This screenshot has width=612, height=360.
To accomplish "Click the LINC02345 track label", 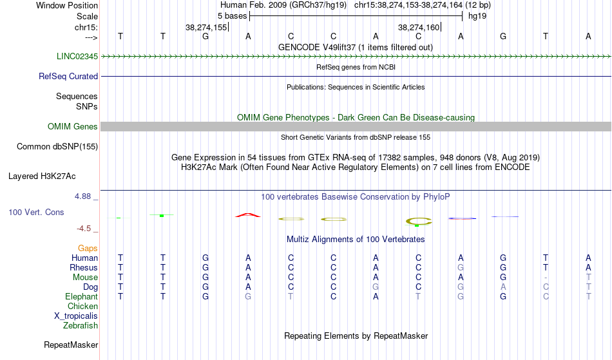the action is pyautogui.click(x=77, y=57).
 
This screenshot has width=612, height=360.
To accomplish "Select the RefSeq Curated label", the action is pyautogui.click(x=68, y=77).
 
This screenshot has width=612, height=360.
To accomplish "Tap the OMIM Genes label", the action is pyautogui.click(x=73, y=127).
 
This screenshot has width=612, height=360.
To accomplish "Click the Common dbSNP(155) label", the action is pyautogui.click(x=57, y=147).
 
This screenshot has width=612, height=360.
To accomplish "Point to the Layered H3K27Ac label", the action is pyautogui.click(x=42, y=176).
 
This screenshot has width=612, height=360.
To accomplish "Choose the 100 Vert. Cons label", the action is pyautogui.click(x=36, y=212).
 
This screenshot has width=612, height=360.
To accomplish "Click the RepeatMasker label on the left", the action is pyautogui.click(x=71, y=345).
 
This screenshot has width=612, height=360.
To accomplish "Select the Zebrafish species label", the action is pyautogui.click(x=81, y=326).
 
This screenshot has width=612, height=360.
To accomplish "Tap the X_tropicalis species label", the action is pyautogui.click(x=76, y=316).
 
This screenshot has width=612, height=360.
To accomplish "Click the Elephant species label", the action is pyautogui.click(x=82, y=297).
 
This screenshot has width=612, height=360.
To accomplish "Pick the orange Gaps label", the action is pyautogui.click(x=88, y=249).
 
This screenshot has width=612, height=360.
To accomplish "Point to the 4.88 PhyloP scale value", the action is pyautogui.click(x=82, y=196).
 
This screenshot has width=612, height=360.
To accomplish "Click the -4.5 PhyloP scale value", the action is pyautogui.click(x=84, y=229).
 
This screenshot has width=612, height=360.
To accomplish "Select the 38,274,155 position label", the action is pyautogui.click(x=206, y=27).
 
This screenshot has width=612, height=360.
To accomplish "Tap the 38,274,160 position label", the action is pyautogui.click(x=419, y=27).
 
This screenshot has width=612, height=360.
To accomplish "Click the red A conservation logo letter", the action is pyautogui.click(x=248, y=214).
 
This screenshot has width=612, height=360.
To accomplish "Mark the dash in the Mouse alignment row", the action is pyautogui.click(x=546, y=278).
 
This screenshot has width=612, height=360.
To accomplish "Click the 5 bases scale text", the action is pyautogui.click(x=232, y=16).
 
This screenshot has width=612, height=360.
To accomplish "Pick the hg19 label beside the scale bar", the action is pyautogui.click(x=477, y=16).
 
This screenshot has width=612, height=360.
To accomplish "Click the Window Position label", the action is pyautogui.click(x=67, y=5).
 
